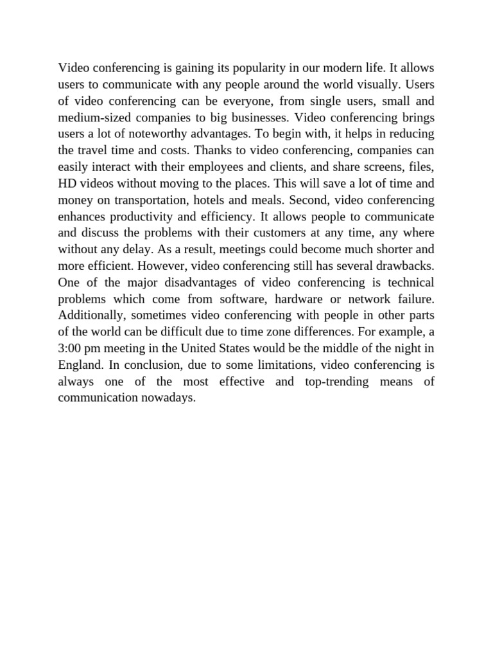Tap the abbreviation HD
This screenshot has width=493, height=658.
click(x=67, y=184)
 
